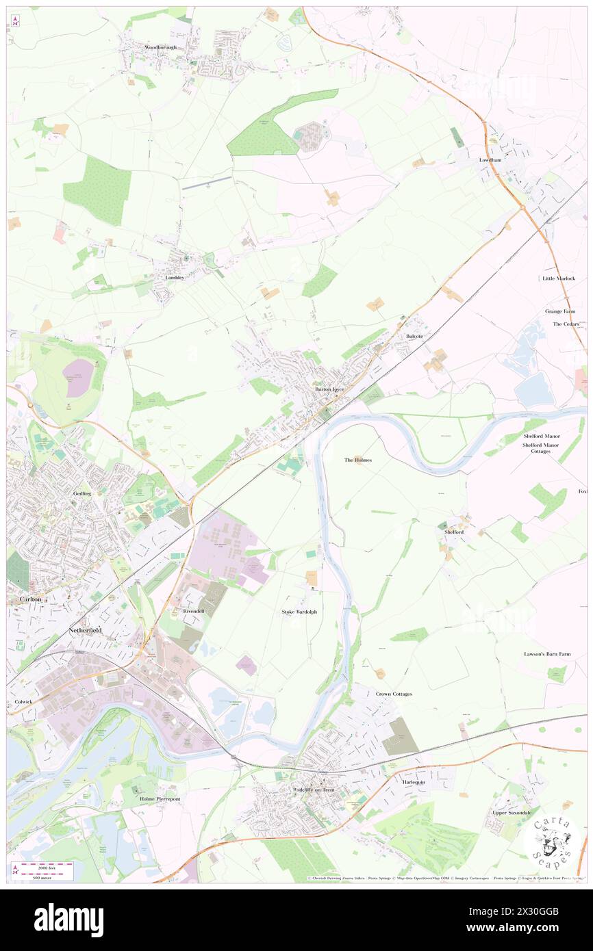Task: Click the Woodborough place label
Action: click(x=160, y=47)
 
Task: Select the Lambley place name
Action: click(x=175, y=278)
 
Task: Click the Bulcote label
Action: click(x=414, y=337)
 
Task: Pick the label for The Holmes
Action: click(x=357, y=460)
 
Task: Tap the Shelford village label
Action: click(x=453, y=532)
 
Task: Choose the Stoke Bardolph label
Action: click(x=300, y=611)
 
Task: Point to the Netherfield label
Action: click(x=85, y=629)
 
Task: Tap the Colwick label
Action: click(x=23, y=702)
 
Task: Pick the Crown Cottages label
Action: click(x=394, y=694)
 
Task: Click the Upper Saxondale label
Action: click(x=512, y=812)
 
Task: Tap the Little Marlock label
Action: click(x=559, y=278)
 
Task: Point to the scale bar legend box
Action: click(x=45, y=871)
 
